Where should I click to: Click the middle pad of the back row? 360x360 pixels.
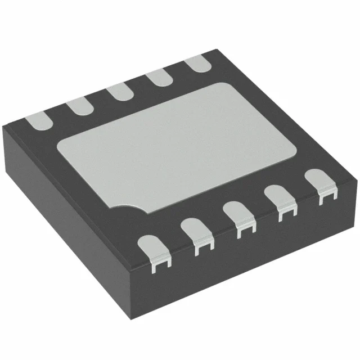(118, 91)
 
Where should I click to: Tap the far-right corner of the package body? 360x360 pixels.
(355, 179)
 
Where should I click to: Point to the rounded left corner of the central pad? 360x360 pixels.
(62, 147)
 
